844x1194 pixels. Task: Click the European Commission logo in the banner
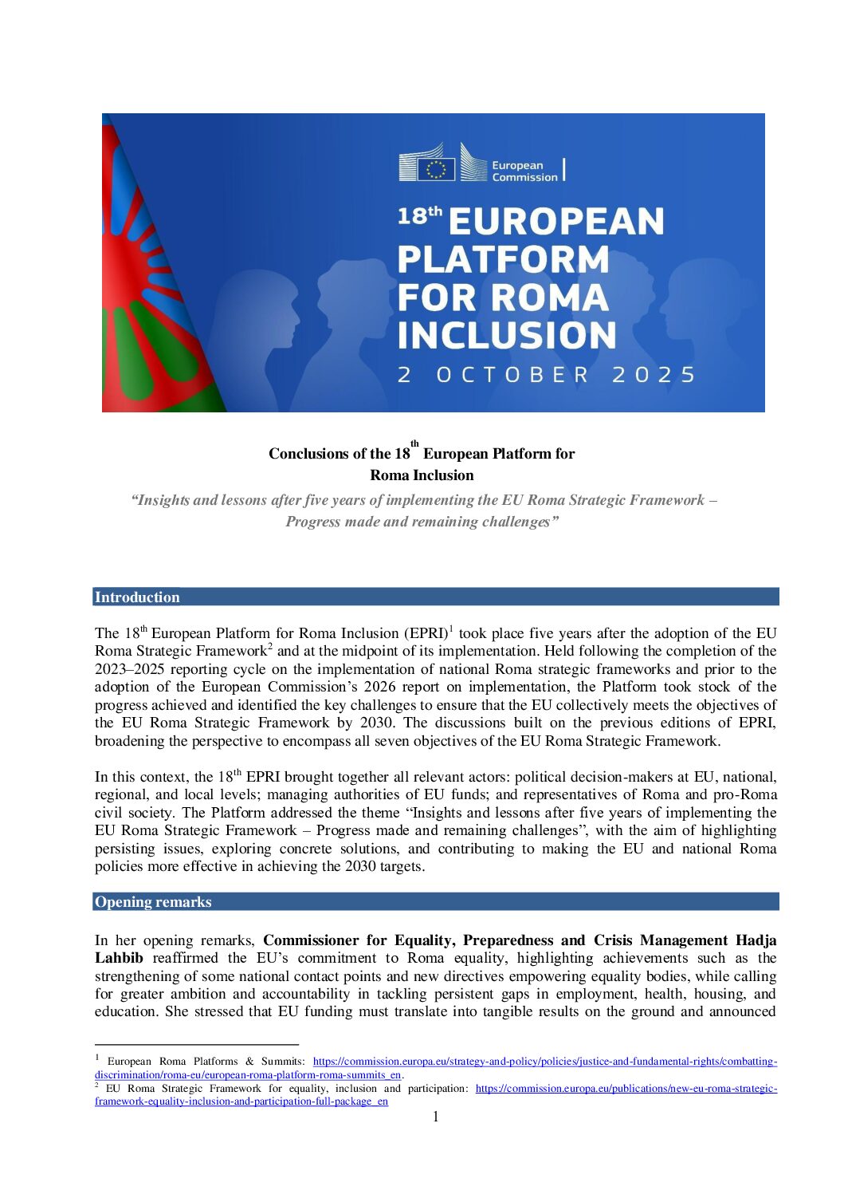click(x=481, y=164)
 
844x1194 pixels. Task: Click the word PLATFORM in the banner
click(x=503, y=259)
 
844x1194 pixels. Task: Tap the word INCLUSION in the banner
click(x=507, y=335)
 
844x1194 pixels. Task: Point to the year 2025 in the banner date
click(x=654, y=375)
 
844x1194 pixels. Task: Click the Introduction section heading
click(x=137, y=597)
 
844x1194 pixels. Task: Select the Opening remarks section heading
click(x=153, y=902)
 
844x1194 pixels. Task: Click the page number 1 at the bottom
click(x=436, y=1117)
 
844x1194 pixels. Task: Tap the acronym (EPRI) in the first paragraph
click(x=426, y=633)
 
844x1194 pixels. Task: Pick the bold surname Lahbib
click(x=119, y=958)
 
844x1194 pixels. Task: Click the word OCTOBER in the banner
click(x=513, y=375)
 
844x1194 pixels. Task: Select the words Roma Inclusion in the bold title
click(x=422, y=475)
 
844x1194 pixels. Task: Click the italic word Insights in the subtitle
click(x=163, y=500)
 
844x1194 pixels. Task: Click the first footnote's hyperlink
click(x=544, y=1062)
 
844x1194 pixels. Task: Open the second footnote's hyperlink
click(x=626, y=1089)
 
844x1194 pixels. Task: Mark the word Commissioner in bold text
click(x=311, y=940)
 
